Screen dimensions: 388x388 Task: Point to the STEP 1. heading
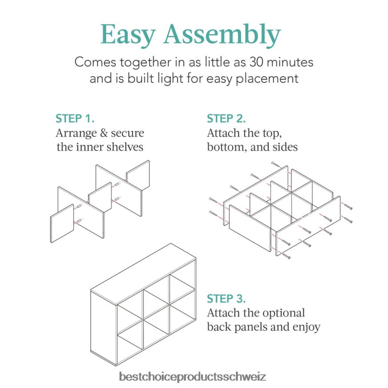(75, 119)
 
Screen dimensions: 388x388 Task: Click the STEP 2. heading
(226, 119)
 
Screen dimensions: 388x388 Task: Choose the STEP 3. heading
(226, 298)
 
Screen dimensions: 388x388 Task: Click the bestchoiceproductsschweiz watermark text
(193, 377)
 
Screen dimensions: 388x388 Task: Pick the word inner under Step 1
(89, 147)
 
